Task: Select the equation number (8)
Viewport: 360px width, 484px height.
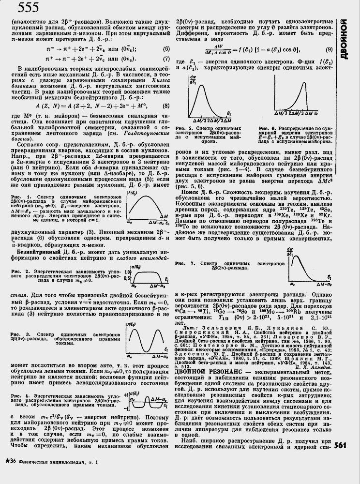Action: pyautogui.click(x=166, y=106)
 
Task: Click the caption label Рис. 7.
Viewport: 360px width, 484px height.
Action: pyautogui.click(x=183, y=263)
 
